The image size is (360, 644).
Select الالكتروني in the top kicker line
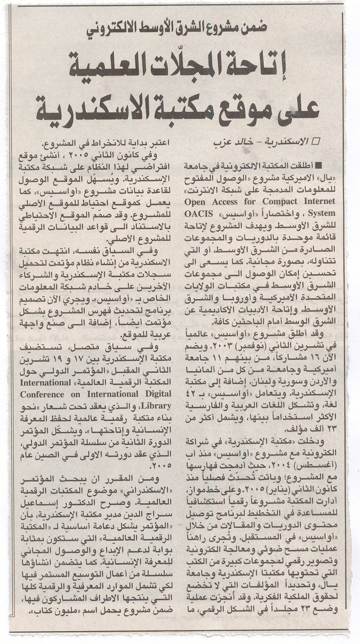[117, 30]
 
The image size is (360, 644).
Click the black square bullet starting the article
[319, 164]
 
